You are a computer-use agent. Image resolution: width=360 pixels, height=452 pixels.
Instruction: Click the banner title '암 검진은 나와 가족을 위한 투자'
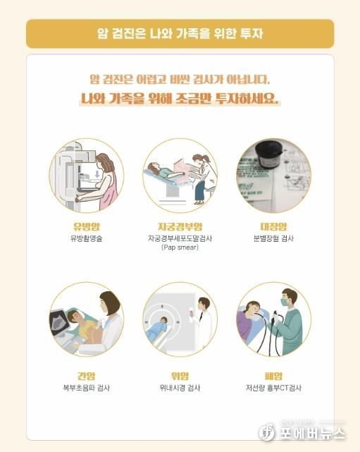[180, 33]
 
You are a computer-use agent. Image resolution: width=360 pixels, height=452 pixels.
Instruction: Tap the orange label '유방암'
[86, 227]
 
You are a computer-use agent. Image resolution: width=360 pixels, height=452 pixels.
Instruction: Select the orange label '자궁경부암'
[180, 227]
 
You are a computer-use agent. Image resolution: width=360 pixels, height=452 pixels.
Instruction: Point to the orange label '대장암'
[273, 227]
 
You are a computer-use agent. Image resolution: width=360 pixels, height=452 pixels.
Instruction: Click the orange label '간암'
[86, 376]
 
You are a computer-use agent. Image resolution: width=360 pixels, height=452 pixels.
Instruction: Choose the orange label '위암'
[180, 376]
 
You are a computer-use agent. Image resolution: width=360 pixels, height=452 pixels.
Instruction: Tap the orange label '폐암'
[273, 376]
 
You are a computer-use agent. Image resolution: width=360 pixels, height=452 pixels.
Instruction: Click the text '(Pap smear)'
[180, 248]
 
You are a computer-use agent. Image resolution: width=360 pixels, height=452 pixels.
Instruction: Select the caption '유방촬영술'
[86, 239]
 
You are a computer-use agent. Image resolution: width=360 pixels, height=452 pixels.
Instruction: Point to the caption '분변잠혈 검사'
[273, 239]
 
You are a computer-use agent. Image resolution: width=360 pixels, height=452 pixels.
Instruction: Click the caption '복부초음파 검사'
[86, 388]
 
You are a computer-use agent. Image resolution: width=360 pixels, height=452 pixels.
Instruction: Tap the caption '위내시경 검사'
[180, 388]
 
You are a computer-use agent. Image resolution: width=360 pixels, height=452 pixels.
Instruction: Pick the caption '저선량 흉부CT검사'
[273, 388]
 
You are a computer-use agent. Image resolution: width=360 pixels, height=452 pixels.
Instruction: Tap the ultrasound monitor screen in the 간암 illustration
[61, 320]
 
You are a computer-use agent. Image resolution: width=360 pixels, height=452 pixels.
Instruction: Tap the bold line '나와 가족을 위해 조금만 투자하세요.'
[180, 99]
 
